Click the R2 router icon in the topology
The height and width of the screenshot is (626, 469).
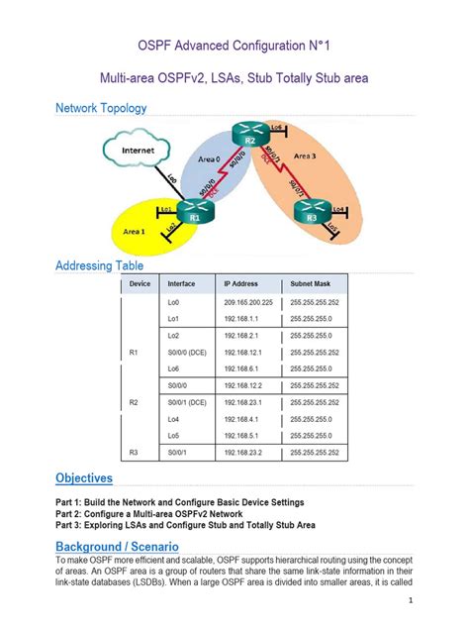tap(250, 137)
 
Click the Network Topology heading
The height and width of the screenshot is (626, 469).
tap(101, 108)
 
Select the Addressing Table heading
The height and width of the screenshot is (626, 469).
tap(99, 265)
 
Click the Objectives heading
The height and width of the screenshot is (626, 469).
tap(84, 478)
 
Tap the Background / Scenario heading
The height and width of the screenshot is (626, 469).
tap(117, 546)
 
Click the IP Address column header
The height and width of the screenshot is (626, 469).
tap(240, 283)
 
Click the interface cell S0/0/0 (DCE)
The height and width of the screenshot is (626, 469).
tap(187, 352)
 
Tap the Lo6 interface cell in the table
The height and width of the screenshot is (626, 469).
tap(174, 367)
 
